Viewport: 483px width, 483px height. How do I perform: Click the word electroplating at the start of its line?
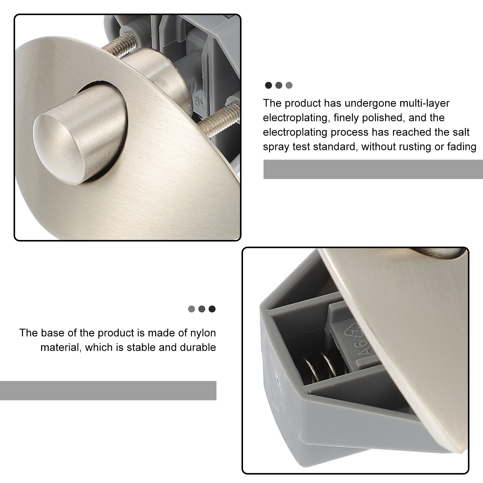click(295, 117)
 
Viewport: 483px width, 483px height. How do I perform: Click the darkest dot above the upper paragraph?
click(268, 85)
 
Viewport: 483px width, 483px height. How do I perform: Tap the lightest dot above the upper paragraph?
click(289, 85)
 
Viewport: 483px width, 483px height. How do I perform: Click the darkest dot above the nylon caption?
click(212, 309)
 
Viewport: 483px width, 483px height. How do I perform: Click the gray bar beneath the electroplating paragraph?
click(373, 169)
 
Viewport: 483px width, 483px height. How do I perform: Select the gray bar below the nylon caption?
click(108, 391)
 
